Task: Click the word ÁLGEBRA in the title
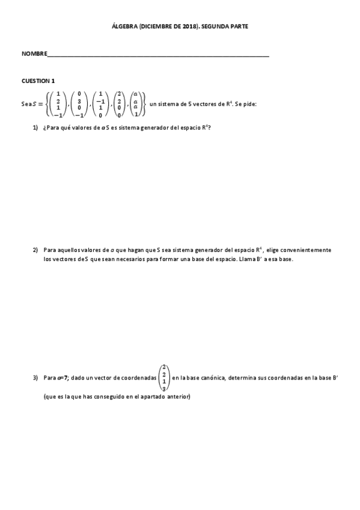[124, 27]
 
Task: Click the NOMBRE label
[33, 54]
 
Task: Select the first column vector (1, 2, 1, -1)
[58, 103]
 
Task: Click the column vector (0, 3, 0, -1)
[79, 103]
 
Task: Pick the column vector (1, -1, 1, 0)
[100, 103]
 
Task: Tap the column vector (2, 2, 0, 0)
[119, 103]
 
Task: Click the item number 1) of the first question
[35, 127]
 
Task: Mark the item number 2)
[35, 250]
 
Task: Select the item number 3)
[35, 378]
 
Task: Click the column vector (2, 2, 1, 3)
[163, 378]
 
